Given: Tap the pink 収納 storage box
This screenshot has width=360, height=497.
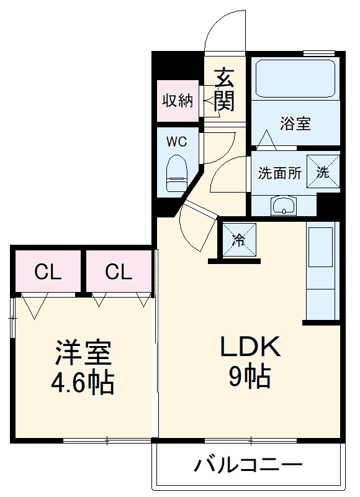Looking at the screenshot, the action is pos(178,101).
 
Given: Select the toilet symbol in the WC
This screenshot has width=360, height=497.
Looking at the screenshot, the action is pos(177,173).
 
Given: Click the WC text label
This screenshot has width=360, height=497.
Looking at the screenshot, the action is pos(177,142).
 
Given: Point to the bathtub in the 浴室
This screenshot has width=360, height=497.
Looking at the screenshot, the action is pos(295,79).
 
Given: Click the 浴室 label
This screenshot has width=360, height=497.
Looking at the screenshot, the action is pos(295,123).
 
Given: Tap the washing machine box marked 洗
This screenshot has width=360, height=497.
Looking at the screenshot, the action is pos(323,172).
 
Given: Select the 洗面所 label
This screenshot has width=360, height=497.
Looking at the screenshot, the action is pos(279,173).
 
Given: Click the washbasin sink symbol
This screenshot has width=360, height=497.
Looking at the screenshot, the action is pos(284,206).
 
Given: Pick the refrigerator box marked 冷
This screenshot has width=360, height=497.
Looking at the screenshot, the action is pos(239,239).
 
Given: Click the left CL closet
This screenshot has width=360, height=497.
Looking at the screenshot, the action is pos(48,271).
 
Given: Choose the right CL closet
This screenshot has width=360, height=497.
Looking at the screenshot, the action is pos(119,271).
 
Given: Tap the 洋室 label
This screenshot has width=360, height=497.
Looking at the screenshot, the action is pos(83,352).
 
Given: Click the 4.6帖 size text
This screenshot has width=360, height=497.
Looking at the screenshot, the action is pos(83,382).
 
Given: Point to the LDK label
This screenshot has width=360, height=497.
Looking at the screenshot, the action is pos(250,347).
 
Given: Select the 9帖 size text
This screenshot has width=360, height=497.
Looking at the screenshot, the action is pos(250,377).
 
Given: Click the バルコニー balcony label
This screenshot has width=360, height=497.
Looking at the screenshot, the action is pos(248,465).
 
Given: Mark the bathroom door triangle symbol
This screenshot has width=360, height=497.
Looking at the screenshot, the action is pos(266,140).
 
